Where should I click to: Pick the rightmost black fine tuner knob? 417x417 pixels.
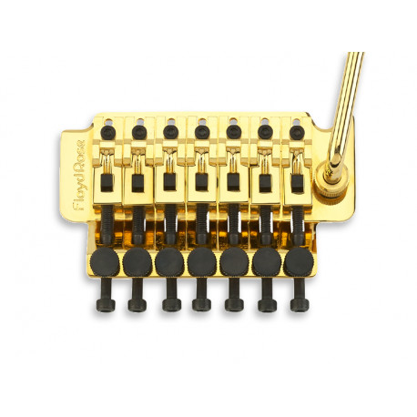click(x=298, y=263)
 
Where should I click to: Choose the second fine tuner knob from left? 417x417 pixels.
click(x=137, y=262)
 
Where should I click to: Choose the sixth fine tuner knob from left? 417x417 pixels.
click(x=266, y=263)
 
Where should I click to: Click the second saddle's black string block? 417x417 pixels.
click(x=137, y=184)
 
